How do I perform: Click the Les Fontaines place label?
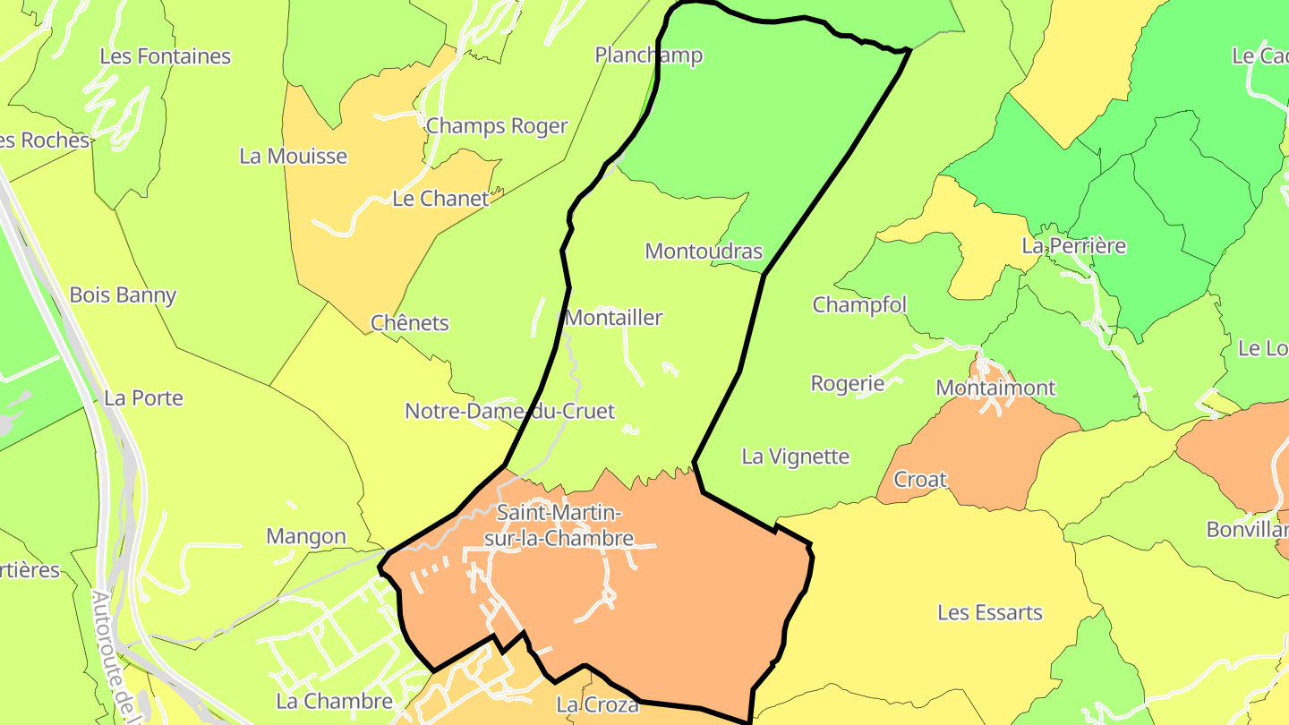[x=165, y=56]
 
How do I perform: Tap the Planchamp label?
[x=649, y=55]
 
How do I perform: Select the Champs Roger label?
[x=497, y=126]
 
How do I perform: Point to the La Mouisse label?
[x=293, y=157]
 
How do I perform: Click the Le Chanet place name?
[x=440, y=199]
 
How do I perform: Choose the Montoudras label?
[x=704, y=252]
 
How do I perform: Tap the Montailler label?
[x=614, y=318]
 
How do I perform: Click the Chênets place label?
[x=410, y=323]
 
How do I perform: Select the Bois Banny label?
[x=123, y=295]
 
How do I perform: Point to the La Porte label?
[x=143, y=398]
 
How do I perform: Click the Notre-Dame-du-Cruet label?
[x=510, y=412]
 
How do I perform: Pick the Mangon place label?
[x=306, y=537]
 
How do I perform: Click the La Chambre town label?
[x=335, y=701]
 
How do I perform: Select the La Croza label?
[x=598, y=705]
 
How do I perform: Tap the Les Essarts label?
[x=990, y=613]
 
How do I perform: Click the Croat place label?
[x=920, y=480]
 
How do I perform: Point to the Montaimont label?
[x=995, y=388]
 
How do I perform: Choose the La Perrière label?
[x=1074, y=246]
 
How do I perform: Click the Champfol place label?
[x=859, y=305]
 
